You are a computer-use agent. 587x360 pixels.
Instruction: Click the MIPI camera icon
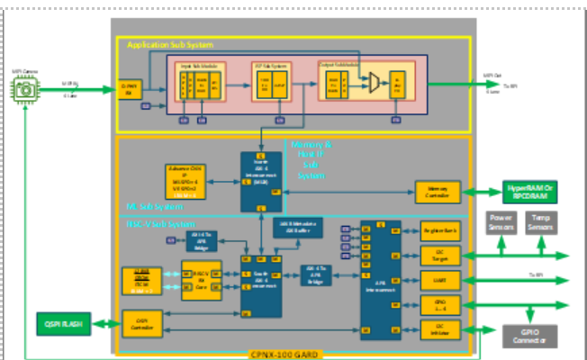[x=25, y=88]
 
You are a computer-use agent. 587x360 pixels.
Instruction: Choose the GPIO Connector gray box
[x=529, y=336]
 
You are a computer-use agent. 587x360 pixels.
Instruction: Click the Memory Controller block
[x=438, y=191]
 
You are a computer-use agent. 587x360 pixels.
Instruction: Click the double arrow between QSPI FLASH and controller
[x=103, y=322]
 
